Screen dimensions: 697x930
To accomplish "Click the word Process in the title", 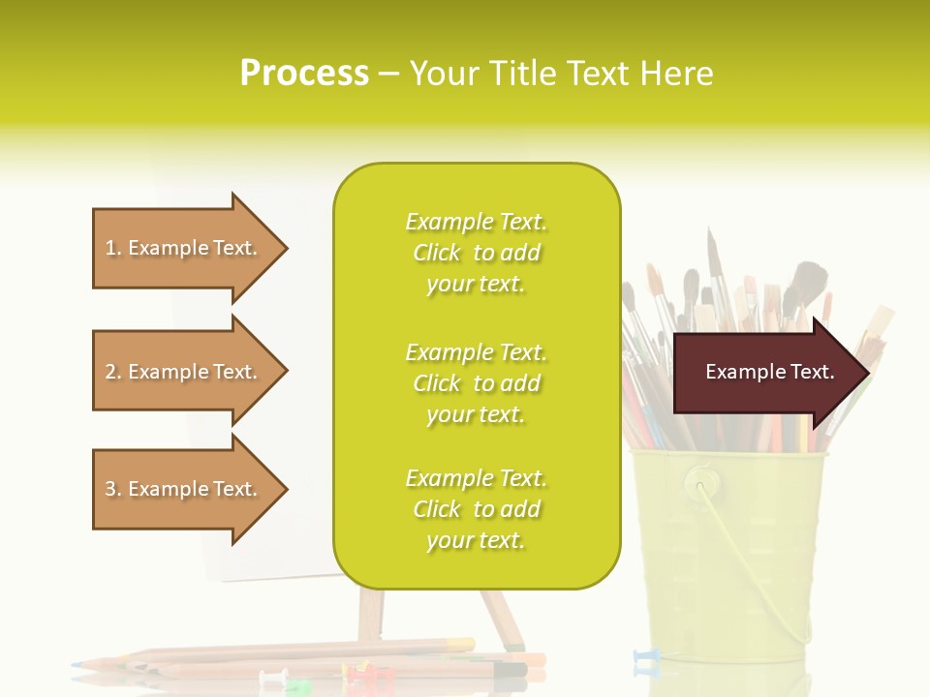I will (304, 74).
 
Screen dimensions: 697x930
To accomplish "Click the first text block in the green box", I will (476, 253).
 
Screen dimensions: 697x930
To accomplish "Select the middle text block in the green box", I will (476, 383).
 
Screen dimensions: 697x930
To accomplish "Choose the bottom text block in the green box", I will (476, 509).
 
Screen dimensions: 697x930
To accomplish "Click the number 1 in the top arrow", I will (111, 248).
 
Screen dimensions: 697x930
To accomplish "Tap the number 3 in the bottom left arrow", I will (111, 489).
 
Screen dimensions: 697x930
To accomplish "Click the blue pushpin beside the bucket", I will (644, 658).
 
